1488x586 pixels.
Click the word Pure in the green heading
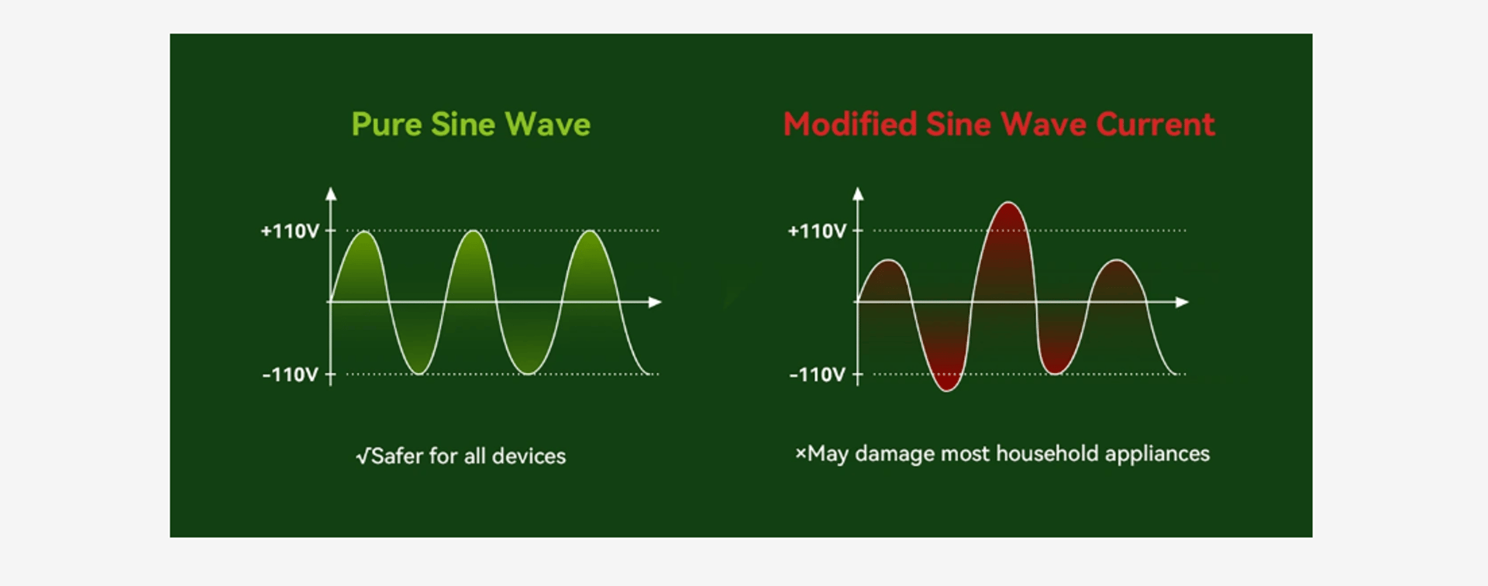click(385, 125)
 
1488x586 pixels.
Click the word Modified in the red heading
click(849, 125)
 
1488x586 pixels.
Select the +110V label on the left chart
click(290, 231)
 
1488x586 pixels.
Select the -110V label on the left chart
click(290, 375)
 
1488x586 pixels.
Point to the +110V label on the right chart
click(817, 231)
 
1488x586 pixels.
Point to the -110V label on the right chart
click(817, 375)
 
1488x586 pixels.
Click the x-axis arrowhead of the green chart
click(655, 302)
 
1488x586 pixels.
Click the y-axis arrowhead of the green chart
click(331, 194)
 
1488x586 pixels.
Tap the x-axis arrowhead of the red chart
click(1182, 302)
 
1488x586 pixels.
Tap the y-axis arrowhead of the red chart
click(858, 194)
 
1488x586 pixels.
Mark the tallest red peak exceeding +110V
click(1008, 204)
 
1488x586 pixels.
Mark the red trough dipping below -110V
click(946, 389)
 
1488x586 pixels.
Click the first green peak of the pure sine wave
click(363, 232)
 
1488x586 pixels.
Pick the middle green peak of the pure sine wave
click(473, 232)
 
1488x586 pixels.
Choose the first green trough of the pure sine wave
click(418, 373)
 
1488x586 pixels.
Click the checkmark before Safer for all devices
click(363, 456)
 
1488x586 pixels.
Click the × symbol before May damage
click(801, 453)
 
